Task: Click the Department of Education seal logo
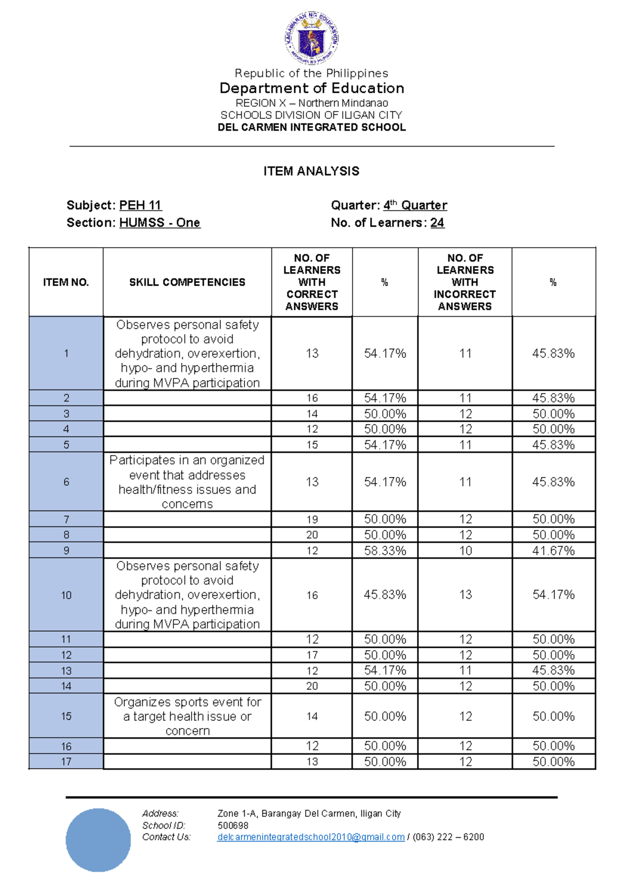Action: [x=311, y=38]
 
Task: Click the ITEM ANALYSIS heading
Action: [x=311, y=171]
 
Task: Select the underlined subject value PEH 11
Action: [x=140, y=205]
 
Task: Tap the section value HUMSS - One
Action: [x=159, y=223]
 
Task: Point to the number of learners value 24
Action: [x=437, y=223]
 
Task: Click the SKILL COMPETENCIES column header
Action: [x=187, y=283]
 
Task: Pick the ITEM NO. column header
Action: [x=66, y=283]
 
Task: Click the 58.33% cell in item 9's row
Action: [x=385, y=551]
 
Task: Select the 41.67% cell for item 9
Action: [x=553, y=551]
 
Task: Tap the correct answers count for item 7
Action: [x=311, y=520]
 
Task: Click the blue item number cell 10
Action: [x=66, y=595]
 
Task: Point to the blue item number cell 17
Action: [x=66, y=762]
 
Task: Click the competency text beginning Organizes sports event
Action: [x=187, y=716]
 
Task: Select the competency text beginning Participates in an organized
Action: [x=187, y=482]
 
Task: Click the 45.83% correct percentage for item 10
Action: [x=385, y=595]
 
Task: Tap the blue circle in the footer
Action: [x=98, y=840]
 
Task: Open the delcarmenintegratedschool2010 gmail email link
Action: [x=310, y=837]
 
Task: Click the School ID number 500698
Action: [x=233, y=826]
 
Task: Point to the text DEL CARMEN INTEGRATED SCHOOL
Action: [x=311, y=128]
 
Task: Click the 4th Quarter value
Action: [x=415, y=205]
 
